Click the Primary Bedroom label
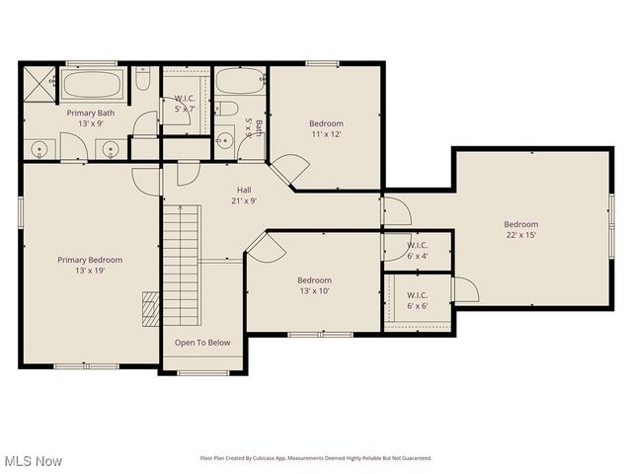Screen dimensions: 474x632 [x=88, y=260]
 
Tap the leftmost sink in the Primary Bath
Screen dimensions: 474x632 [x=40, y=150]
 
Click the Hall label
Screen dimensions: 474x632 [x=243, y=191]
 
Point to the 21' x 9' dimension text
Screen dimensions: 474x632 [x=243, y=200]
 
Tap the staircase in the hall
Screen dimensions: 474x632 [x=182, y=271]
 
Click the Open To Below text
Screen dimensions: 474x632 [x=202, y=343]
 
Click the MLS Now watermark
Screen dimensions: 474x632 [x=33, y=461]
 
